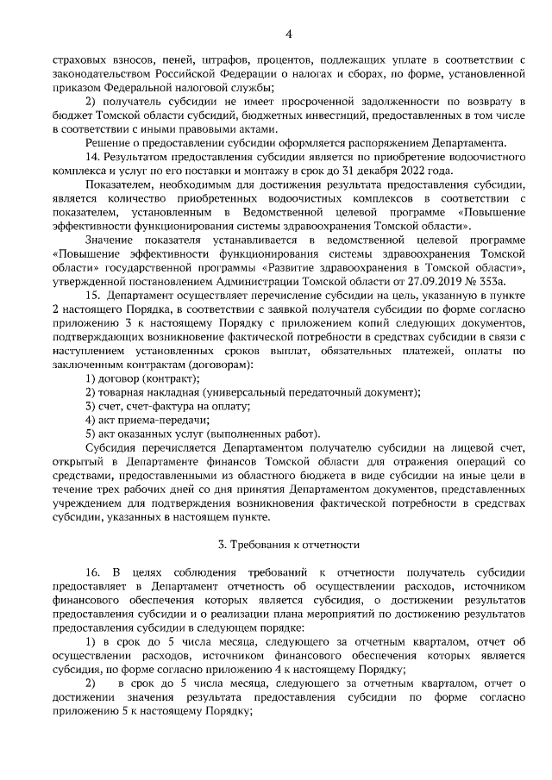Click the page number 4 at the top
point(288,34)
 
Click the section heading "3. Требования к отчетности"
point(288,546)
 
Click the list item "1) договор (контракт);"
point(142,378)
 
